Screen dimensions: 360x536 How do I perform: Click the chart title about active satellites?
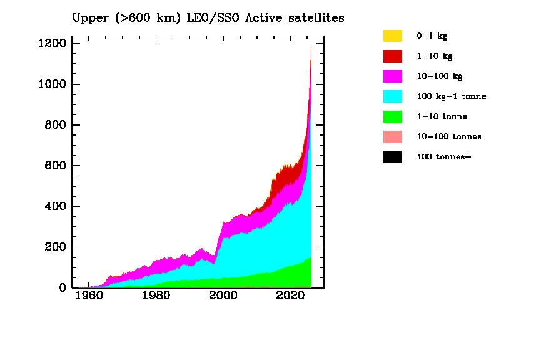[208, 18]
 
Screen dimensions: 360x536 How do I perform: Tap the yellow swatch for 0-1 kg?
[393, 36]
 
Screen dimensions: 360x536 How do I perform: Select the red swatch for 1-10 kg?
[393, 56]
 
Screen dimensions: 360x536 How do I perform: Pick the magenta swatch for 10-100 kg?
[393, 76]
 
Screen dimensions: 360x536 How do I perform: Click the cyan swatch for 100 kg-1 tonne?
[393, 96]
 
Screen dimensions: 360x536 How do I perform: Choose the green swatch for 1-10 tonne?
[393, 116]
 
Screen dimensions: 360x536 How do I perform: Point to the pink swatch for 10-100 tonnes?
[393, 137]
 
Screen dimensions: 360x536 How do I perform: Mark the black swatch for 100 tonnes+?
[393, 157]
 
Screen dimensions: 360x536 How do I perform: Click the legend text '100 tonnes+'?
[443, 157]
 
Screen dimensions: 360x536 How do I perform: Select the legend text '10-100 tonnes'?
[448, 137]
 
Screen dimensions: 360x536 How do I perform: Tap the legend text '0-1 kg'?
[432, 36]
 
